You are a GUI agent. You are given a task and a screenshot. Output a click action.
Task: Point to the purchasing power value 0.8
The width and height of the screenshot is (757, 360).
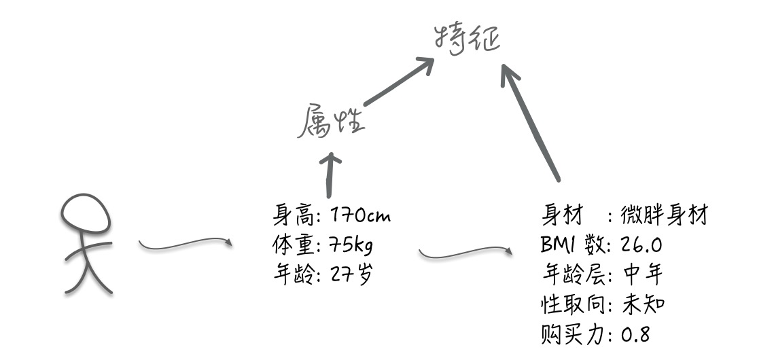point(636,334)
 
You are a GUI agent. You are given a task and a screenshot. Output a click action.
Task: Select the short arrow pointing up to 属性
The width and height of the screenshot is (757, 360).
point(332,175)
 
